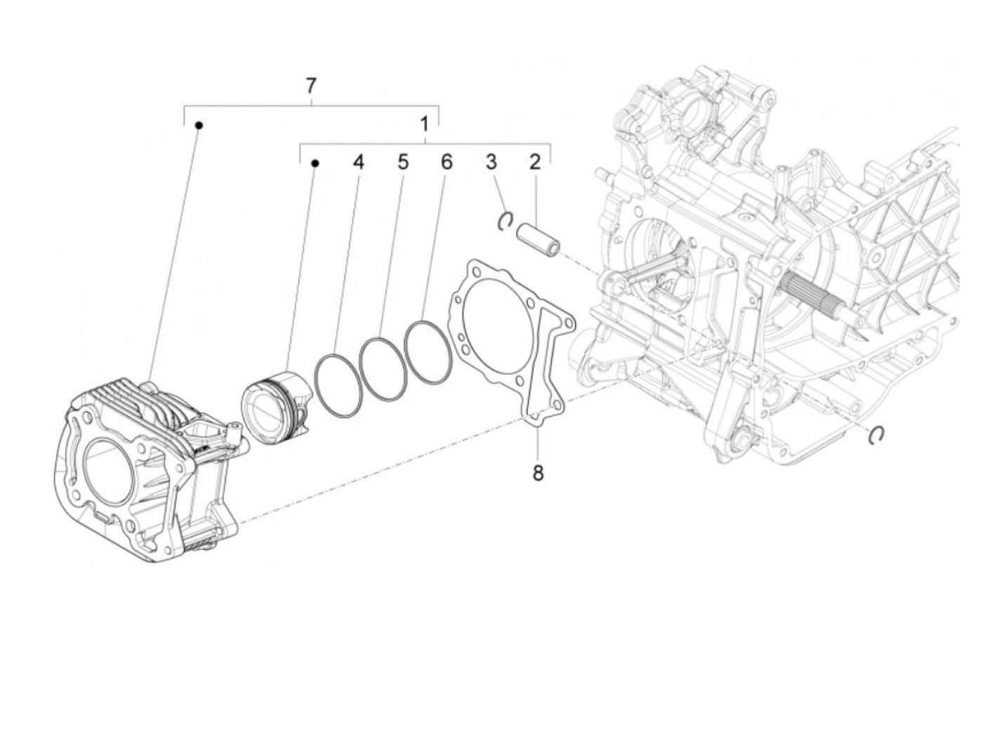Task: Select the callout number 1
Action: (x=424, y=125)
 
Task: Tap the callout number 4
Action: (x=359, y=163)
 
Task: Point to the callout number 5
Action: (x=402, y=163)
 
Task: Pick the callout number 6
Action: (x=447, y=163)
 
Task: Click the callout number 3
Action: (x=491, y=163)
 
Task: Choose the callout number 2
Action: (x=535, y=163)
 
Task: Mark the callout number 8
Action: (x=538, y=474)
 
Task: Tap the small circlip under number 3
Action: (x=504, y=222)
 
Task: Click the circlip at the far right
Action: (x=876, y=435)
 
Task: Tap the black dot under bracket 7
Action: (x=199, y=126)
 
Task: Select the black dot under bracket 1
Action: (x=315, y=163)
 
